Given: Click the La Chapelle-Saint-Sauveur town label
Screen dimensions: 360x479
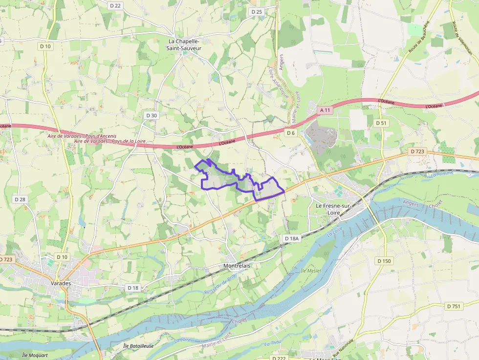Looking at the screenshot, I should click(x=184, y=45).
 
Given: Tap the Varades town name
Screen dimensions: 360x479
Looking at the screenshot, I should click(x=61, y=283).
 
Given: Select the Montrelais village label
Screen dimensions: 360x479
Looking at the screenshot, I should click(x=237, y=266).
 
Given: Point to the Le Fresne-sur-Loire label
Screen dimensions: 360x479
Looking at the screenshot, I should click(x=334, y=209).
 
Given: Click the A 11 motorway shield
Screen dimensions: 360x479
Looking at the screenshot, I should click(x=326, y=110).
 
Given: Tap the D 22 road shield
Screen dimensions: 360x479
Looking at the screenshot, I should click(x=115, y=5).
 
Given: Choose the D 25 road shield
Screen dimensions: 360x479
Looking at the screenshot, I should click(x=257, y=12).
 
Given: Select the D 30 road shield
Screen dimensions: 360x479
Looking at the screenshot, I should click(x=152, y=115).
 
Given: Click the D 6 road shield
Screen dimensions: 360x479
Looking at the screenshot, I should click(x=291, y=133).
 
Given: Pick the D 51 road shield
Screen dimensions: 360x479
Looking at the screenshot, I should click(x=381, y=123).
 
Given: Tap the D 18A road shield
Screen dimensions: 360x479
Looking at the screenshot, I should click(x=291, y=238).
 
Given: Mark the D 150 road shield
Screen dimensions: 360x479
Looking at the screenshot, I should click(x=384, y=261).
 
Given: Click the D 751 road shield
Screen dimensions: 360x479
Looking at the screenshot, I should click(x=454, y=306).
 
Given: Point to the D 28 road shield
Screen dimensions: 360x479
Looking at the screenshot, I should click(x=20, y=199).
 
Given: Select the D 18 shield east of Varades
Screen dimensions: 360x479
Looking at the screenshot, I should click(x=133, y=288).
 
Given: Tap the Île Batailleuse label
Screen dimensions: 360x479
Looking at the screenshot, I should click(x=138, y=346).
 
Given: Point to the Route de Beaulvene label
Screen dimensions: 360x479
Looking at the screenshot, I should click(x=419, y=37).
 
